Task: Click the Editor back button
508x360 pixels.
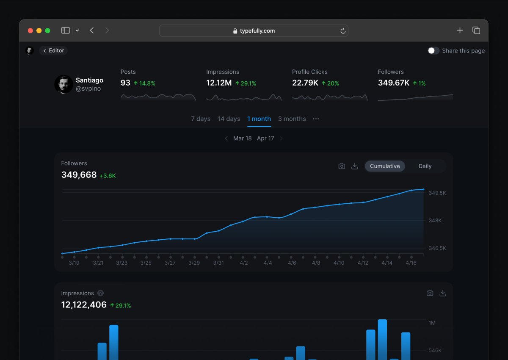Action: click(x=53, y=51)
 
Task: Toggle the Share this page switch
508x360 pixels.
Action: click(x=433, y=51)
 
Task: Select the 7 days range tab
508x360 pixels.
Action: click(x=201, y=119)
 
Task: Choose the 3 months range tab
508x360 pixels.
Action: click(x=292, y=119)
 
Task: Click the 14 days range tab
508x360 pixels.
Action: click(x=229, y=119)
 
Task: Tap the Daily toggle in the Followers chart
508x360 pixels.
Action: click(x=425, y=166)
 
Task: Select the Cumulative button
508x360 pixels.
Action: click(x=385, y=166)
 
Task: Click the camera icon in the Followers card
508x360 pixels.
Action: click(x=342, y=166)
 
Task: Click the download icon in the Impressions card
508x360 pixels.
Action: click(x=443, y=293)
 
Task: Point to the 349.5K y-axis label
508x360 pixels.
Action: click(x=437, y=193)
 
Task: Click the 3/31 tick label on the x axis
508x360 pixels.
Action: click(x=218, y=263)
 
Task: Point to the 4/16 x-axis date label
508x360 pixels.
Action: click(x=411, y=263)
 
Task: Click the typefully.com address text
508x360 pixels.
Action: click(x=257, y=31)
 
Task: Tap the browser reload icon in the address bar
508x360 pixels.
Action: click(x=343, y=31)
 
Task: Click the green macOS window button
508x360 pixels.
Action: click(x=48, y=30)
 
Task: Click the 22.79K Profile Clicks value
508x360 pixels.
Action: click(x=305, y=83)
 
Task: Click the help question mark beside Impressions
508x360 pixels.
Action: click(x=100, y=293)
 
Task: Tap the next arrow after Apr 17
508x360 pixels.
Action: click(x=281, y=138)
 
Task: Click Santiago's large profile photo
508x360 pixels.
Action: click(x=63, y=84)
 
